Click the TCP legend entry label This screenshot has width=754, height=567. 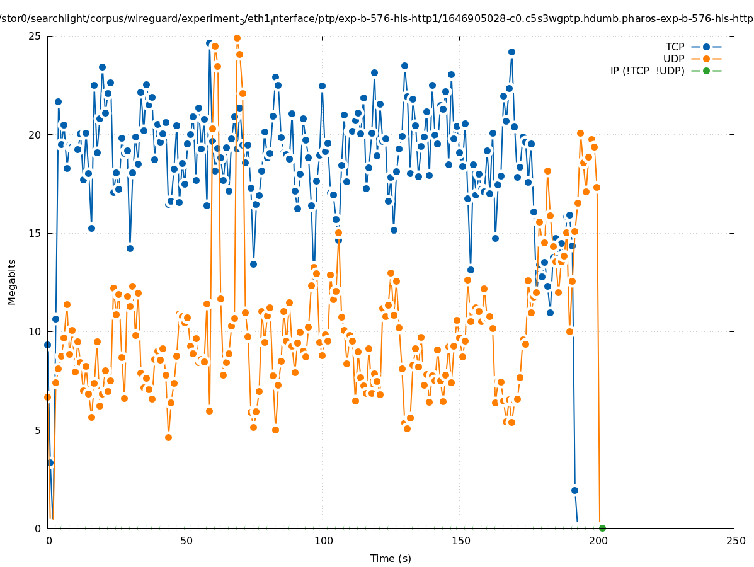coord(675,47)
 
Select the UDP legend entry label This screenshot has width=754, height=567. coord(673,59)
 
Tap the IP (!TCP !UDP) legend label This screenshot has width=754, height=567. coord(647,71)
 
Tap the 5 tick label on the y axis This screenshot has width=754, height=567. coord(38,430)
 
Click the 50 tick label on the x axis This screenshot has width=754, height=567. coord(186,541)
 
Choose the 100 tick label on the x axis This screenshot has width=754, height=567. coord(323,541)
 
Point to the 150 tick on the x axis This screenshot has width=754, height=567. coord(460,541)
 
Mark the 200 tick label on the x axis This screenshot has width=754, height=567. coord(598,541)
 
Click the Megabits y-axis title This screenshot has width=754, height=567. coord(12,282)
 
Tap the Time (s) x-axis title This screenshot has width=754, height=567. coord(391,558)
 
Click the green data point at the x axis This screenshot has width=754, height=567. coord(602,528)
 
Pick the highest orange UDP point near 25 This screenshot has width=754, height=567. coord(237,38)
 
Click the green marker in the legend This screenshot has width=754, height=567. coord(706,71)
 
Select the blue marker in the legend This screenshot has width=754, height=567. coord(706,47)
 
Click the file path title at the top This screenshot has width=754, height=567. coord(377,19)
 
